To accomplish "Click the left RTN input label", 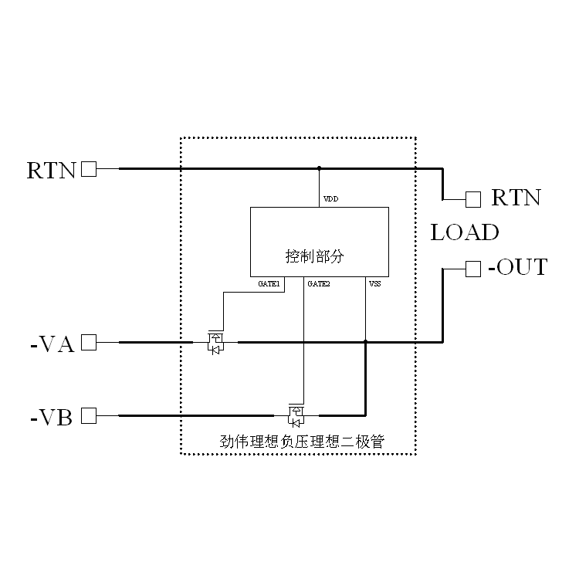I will [51, 170].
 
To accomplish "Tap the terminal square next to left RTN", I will [90, 169].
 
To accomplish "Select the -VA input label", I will [52, 344].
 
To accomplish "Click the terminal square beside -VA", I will [90, 342].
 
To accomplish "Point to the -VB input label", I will [52, 418].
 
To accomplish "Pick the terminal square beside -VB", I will [90, 416].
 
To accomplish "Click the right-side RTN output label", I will [516, 198].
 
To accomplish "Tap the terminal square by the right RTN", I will [473, 199].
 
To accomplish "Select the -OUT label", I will [517, 268].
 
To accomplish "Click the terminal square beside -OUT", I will [473, 269].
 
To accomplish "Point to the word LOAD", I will [465, 232].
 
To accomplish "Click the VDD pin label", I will [330, 200].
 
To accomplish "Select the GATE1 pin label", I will [269, 284].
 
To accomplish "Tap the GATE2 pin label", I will [319, 284].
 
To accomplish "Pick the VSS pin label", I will [374, 284].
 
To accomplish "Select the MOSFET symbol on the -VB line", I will [296, 415].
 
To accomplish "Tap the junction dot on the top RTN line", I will [319, 168].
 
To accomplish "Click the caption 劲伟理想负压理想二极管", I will [303, 442].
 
